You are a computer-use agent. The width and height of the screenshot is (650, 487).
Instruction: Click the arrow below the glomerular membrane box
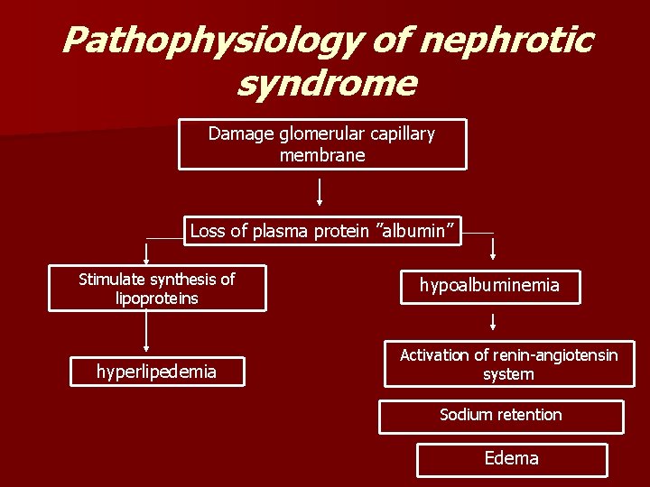pos(320,191)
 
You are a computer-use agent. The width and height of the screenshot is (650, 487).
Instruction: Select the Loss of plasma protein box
pos(322,231)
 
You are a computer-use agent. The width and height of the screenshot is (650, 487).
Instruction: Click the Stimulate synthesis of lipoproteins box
pos(157,289)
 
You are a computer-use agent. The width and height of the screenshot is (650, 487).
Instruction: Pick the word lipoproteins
pos(157,298)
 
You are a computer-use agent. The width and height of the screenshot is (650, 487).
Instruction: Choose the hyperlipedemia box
pos(157,371)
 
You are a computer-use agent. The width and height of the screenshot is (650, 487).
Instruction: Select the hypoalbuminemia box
pos(488,286)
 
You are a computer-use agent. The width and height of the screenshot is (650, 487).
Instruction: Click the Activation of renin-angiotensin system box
pos(508,364)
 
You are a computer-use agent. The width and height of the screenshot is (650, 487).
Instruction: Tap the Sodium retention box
pos(500,416)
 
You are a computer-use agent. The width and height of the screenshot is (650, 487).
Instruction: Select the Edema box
pos(511,459)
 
